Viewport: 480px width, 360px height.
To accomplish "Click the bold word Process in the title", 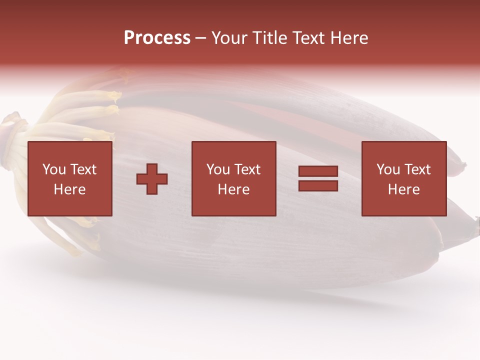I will [x=157, y=38].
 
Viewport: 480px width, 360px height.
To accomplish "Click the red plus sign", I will [x=152, y=178].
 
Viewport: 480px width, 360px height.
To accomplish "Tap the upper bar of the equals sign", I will [x=318, y=171].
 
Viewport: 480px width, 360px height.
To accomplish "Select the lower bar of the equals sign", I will [x=318, y=185].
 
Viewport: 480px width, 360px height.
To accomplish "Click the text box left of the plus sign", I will [x=69, y=178].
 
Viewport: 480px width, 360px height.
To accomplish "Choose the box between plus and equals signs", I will [x=233, y=178].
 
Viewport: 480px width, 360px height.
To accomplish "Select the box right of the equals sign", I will [x=403, y=178].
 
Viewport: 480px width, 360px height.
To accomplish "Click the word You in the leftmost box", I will [x=54, y=169].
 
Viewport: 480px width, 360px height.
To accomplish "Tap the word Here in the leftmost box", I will [x=69, y=189].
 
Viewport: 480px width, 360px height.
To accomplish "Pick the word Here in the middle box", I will [x=233, y=189].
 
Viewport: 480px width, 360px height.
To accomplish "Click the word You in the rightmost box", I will [x=388, y=169].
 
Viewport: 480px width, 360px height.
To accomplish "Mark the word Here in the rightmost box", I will [x=403, y=189].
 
